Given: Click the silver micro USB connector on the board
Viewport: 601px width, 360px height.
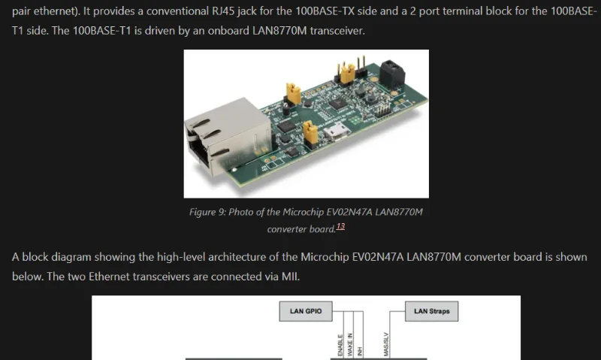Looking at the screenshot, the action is [337, 133].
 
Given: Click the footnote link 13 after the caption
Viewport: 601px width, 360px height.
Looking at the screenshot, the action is [340, 226].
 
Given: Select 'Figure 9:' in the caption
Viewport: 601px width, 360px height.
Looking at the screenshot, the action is [207, 213].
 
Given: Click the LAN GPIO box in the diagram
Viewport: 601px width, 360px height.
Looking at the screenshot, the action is [306, 311].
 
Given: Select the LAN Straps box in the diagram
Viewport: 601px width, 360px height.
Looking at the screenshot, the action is [431, 311].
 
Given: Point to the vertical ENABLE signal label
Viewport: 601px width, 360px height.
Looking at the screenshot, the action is [340, 345].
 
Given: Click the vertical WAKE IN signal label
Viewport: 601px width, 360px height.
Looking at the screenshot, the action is [350, 345].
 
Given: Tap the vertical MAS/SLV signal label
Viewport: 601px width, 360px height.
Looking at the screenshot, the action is [386, 344].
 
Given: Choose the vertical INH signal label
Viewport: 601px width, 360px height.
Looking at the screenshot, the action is [360, 352].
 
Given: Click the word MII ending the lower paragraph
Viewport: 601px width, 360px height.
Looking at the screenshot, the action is [291, 277].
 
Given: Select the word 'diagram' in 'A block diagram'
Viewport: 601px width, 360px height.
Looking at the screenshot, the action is [71, 257].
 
